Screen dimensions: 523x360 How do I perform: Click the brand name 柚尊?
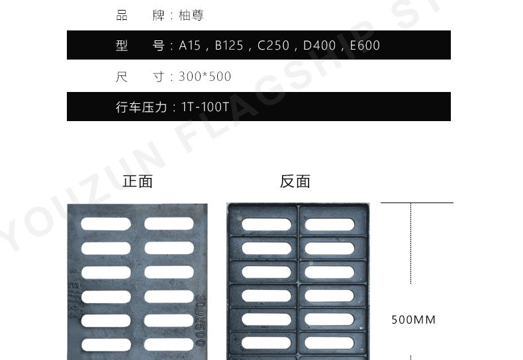click(x=191, y=15)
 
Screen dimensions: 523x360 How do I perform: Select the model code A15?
click(x=191, y=46)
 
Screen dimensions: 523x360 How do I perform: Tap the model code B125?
click(x=229, y=46)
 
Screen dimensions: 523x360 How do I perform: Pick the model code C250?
click(x=273, y=46)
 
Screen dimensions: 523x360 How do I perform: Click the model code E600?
click(x=364, y=46)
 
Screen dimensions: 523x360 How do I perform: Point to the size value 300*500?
click(x=205, y=77)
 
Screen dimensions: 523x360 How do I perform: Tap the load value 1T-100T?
click(x=205, y=107)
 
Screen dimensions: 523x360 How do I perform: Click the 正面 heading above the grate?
click(x=138, y=181)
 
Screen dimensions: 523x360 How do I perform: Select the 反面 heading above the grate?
click(x=295, y=181)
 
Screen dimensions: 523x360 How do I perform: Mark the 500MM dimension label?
click(x=414, y=320)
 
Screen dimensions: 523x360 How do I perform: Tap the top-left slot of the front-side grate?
click(x=106, y=224)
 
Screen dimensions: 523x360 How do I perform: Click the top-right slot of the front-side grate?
click(x=169, y=224)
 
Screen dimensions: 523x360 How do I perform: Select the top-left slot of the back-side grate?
click(x=266, y=224)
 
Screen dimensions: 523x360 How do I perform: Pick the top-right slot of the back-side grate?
click(x=330, y=224)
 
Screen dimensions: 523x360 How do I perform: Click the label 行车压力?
click(x=141, y=107)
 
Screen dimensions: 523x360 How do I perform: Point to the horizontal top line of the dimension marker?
click(x=416, y=203)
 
